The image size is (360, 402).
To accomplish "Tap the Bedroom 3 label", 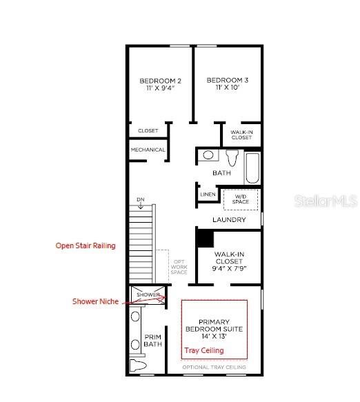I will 227,84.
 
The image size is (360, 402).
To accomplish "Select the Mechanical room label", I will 148,150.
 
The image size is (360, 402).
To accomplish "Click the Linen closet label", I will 208,194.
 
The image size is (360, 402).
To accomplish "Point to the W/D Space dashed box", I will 241,199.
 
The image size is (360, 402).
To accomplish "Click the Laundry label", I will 229,220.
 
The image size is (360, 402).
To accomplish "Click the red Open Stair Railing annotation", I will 86,245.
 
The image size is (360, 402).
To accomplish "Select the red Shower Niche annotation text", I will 97,301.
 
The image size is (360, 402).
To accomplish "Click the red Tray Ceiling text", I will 204,350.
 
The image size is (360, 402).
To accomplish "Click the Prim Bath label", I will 152,340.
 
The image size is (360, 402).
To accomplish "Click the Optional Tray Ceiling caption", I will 214,368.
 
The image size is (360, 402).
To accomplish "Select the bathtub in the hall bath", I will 252,168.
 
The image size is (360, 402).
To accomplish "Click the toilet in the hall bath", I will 231,157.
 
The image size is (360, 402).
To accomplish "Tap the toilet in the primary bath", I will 137,365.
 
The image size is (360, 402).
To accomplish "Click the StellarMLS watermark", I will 326,201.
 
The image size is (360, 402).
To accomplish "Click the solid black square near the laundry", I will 204,238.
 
